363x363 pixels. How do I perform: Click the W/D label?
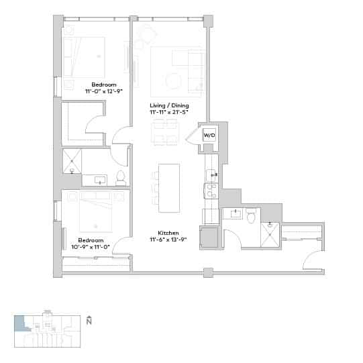209,135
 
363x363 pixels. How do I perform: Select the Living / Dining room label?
169,105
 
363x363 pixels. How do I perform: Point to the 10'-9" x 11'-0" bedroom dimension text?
90,246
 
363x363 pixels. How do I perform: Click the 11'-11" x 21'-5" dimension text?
169,112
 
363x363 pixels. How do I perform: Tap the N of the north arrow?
89,322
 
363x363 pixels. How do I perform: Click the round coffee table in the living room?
174,81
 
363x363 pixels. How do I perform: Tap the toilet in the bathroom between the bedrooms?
121,178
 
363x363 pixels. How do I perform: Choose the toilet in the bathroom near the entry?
252,215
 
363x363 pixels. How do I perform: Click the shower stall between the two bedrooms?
72,160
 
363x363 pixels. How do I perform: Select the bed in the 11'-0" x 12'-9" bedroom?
85,56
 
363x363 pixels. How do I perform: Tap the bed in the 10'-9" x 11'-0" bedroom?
95,211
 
